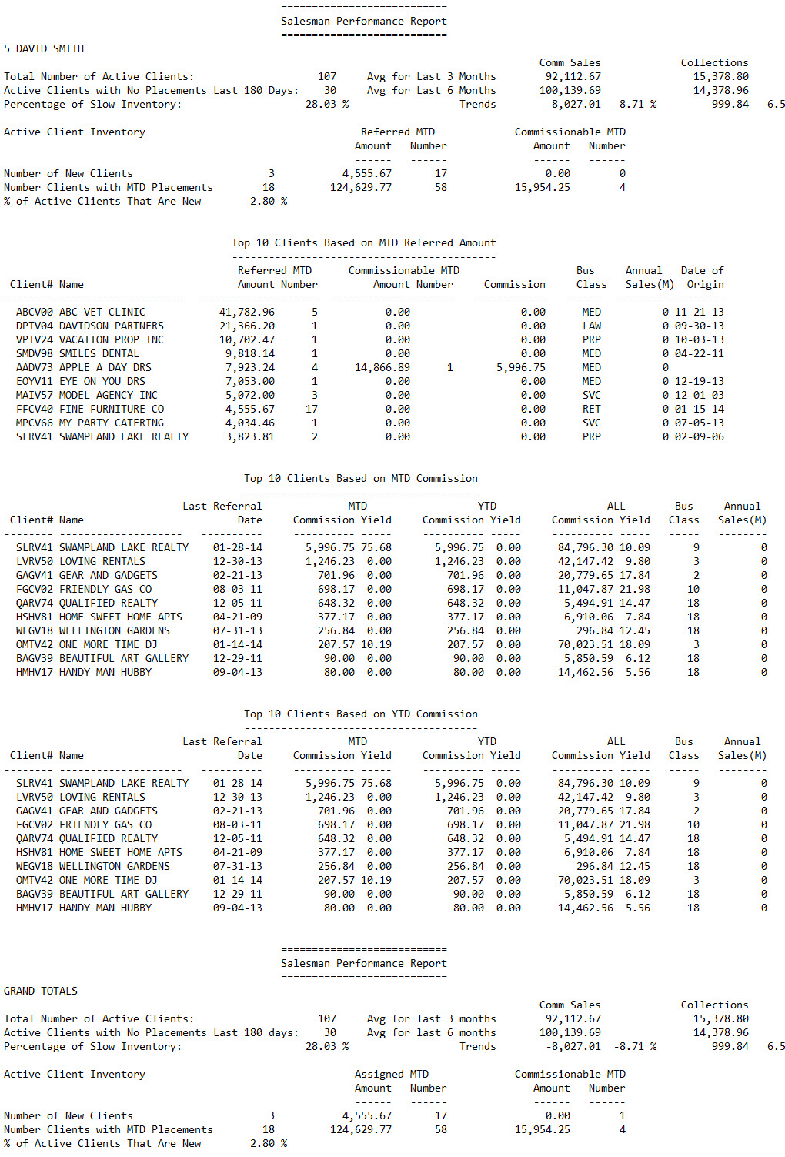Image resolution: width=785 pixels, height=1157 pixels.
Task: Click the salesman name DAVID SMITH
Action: (x=50, y=48)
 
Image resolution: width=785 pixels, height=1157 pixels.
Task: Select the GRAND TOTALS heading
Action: (x=41, y=991)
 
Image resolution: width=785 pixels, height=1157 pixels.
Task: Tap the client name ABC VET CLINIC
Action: (x=102, y=312)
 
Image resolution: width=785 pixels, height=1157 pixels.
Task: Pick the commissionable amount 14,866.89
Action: (x=382, y=367)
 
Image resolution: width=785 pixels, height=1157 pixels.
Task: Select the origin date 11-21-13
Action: (x=700, y=312)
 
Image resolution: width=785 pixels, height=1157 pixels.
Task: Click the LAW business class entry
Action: (x=592, y=326)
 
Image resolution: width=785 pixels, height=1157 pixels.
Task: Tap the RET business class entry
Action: (x=592, y=409)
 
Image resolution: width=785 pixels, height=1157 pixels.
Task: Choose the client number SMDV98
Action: (x=35, y=353)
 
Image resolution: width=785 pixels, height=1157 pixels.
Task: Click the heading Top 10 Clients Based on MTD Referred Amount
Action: (x=364, y=242)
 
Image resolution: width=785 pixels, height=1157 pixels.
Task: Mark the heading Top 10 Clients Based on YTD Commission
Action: (x=361, y=714)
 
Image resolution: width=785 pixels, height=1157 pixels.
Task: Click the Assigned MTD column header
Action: (x=392, y=1074)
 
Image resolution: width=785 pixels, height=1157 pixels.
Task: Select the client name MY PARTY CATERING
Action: (x=112, y=423)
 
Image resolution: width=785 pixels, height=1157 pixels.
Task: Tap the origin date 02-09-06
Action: (x=700, y=436)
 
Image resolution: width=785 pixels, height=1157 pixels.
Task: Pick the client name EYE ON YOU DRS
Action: (x=102, y=381)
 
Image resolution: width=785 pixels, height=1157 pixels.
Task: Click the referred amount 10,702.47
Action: (x=247, y=339)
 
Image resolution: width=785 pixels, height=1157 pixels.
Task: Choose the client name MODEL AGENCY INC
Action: (x=109, y=395)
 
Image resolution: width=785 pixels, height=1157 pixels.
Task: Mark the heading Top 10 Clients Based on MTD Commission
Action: (x=361, y=478)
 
